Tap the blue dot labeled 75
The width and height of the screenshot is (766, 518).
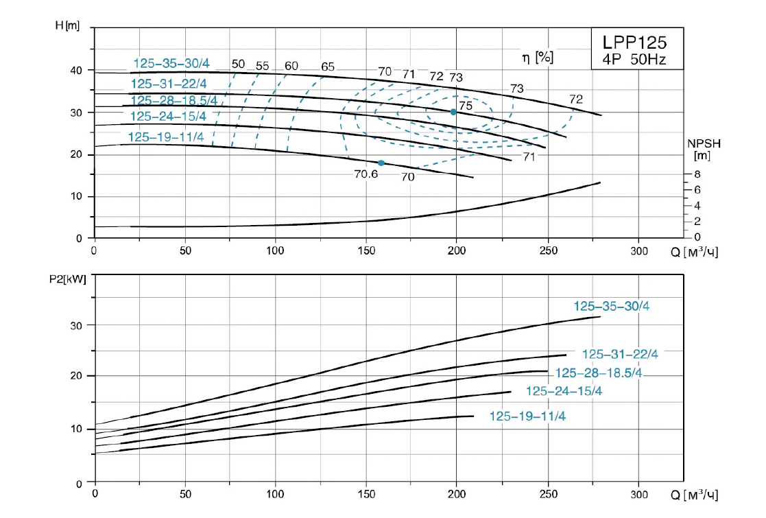[x=453, y=112]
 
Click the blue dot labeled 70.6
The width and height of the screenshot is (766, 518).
[x=381, y=163]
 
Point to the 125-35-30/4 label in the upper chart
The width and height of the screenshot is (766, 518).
[x=171, y=64]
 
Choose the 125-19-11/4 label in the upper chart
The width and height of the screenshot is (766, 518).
[x=166, y=137]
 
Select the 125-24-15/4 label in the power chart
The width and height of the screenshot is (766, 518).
[x=564, y=391]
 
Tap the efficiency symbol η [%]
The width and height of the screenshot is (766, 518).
[x=538, y=58]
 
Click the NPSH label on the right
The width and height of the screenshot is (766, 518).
[x=704, y=144]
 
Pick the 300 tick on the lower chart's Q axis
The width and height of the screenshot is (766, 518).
[x=638, y=494]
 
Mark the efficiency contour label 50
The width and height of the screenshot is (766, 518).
[x=238, y=64]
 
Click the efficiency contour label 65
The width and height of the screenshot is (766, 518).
[x=328, y=67]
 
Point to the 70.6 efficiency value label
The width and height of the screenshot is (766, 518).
[x=366, y=174]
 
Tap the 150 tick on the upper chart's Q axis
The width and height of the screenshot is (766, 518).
[x=366, y=250]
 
